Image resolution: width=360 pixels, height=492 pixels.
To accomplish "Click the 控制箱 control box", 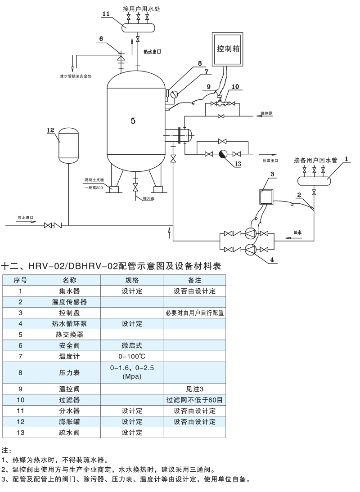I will (x=227, y=48).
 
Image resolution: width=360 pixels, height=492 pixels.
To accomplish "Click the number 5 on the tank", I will (x=133, y=120).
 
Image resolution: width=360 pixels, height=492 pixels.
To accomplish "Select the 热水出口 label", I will (x=152, y=52).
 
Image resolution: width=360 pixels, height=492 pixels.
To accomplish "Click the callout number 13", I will (x=238, y=164).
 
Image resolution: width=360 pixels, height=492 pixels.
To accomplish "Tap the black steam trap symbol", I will (x=222, y=154).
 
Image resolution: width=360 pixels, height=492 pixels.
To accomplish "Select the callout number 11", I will (x=106, y=14).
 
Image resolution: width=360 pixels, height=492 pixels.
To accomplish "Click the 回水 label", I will (x=297, y=233).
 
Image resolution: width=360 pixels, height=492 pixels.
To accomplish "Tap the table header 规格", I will (x=132, y=280).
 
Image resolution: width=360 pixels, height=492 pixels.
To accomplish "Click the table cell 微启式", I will (x=132, y=345).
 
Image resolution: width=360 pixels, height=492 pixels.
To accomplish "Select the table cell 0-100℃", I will (x=132, y=356).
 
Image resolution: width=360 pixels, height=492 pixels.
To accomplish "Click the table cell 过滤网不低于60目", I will (x=194, y=400).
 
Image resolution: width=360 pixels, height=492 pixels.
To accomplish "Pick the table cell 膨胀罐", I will (x=69, y=421).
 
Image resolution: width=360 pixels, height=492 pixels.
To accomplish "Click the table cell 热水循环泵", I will (x=69, y=323).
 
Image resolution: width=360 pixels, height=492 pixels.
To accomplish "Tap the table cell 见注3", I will (x=194, y=389).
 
